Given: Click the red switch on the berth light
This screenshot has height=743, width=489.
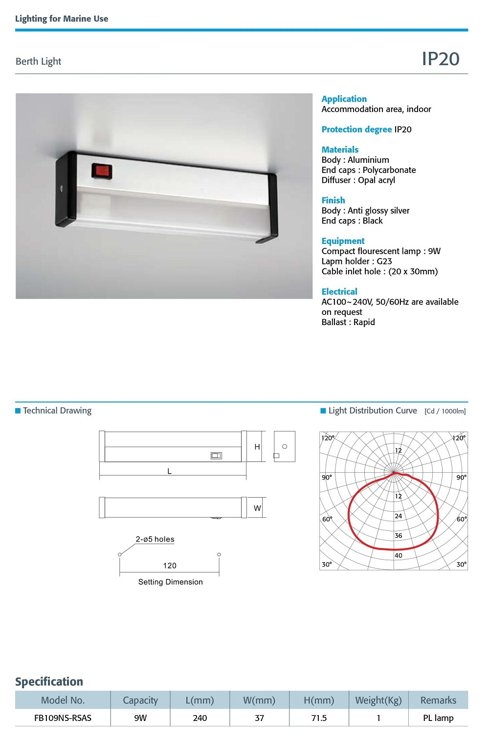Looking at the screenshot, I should pos(102,171).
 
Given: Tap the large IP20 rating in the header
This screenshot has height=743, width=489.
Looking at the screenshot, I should pos(440,59).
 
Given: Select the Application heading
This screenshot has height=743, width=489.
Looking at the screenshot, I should pos(344,99).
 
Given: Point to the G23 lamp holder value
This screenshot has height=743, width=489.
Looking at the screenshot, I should pos(384,261).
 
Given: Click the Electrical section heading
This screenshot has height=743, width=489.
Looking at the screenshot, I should pos(339,291).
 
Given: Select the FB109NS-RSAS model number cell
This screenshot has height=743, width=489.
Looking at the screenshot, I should pos(63,718).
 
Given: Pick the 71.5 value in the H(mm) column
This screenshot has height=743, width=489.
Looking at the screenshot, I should pos(319,718).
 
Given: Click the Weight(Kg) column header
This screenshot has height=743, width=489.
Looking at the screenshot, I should pos(378,700).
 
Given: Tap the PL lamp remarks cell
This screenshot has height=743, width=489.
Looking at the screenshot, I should pos(438,718).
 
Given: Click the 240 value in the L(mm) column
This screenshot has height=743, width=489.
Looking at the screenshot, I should pos(200,718).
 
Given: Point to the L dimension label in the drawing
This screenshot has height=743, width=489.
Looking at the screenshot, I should pos(169,471).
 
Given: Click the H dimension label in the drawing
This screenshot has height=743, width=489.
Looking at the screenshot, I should pos(257,447).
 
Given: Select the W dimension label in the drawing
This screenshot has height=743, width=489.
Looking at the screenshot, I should pos(257,508).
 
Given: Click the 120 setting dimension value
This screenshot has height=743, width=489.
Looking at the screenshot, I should pos(170,566).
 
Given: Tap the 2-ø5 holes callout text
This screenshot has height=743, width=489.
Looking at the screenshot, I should pos(155,539).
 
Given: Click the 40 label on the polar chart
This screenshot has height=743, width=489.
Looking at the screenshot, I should pos(399,555).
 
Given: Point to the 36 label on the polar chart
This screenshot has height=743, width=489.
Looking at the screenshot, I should pos(399,536).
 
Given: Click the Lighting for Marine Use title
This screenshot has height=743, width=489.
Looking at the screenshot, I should pos(62,19).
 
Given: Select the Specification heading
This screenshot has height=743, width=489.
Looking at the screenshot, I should pos(49,681).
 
